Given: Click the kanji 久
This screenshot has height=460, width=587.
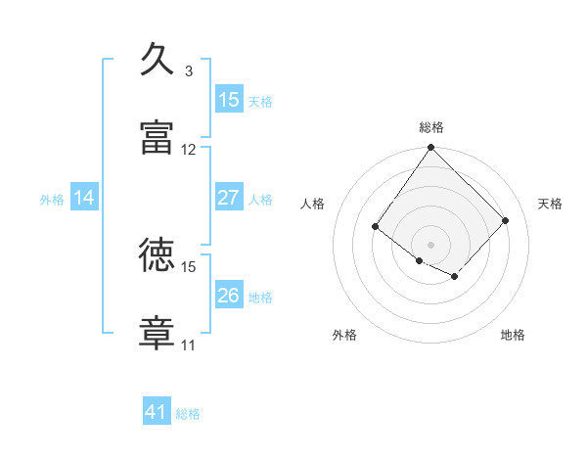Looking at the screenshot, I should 158,60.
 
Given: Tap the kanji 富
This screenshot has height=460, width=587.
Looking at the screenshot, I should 158,137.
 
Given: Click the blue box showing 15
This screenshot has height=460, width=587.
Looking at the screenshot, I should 228,100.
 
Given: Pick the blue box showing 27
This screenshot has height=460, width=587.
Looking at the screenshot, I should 228,198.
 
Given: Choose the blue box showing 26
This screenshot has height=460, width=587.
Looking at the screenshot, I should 228,296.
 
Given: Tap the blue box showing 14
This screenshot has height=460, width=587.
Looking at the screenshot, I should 84,198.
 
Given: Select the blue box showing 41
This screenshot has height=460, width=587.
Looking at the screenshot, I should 157,412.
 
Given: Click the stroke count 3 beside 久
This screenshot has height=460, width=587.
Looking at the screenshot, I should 189,71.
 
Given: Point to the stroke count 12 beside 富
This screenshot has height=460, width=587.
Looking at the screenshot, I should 189,150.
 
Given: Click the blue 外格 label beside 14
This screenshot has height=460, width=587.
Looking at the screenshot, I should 52,199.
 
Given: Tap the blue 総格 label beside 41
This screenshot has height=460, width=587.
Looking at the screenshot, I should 188,414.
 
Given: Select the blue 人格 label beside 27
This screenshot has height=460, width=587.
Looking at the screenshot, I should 260,199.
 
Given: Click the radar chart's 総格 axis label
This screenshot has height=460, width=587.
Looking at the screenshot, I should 431,127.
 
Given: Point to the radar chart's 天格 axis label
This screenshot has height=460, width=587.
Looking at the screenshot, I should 550,204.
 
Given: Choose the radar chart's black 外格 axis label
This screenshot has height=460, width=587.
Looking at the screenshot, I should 344,335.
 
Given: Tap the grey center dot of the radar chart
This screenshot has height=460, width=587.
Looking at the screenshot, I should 430,244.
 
